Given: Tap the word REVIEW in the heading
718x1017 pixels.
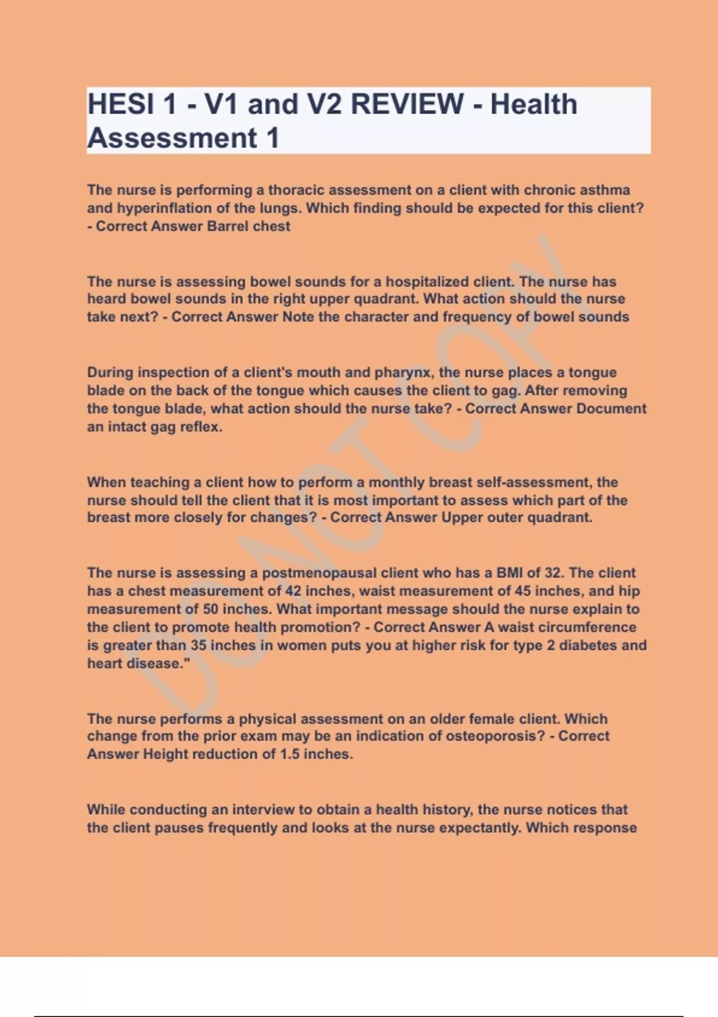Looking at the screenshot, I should [407, 104].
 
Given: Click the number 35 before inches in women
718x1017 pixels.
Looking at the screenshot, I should [198, 645].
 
